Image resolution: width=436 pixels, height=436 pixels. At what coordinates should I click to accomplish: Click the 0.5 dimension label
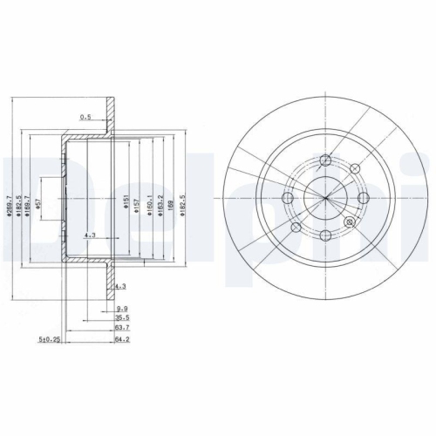85,116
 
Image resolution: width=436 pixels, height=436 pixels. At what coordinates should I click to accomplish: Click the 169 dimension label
172,208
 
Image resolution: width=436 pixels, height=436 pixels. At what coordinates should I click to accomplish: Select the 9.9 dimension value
121,308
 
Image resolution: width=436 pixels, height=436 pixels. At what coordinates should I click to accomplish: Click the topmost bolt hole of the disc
325,160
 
